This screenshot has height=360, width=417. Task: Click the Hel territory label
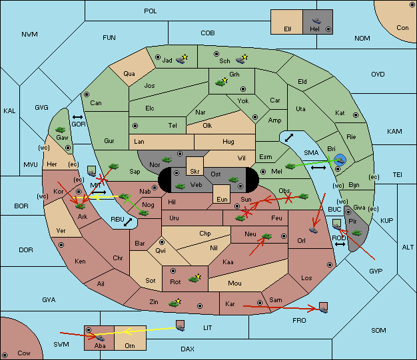[314, 29]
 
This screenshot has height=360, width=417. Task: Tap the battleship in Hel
[316, 21]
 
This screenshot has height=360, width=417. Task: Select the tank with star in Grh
[221, 82]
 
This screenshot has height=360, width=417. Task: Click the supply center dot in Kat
[356, 115]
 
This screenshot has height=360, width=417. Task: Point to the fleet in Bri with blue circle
[340, 160]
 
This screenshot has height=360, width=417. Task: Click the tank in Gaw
[61, 130]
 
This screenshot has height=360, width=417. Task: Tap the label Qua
[129, 74]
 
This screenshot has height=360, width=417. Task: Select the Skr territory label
[195, 172]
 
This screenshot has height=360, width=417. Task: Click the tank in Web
[180, 186]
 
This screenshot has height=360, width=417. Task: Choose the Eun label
[222, 199]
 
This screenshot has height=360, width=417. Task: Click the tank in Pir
[356, 233]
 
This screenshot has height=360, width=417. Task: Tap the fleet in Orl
[313, 230]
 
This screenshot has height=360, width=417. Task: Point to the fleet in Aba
[100, 337]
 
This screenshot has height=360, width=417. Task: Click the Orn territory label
[130, 345]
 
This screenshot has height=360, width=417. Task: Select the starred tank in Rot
[195, 278]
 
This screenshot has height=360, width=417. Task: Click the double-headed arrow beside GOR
[78, 117]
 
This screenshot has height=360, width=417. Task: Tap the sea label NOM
[362, 38]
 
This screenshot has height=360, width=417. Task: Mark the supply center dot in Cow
[5, 355]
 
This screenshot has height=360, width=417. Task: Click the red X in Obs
[288, 198]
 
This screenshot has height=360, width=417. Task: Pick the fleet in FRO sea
[323, 307]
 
